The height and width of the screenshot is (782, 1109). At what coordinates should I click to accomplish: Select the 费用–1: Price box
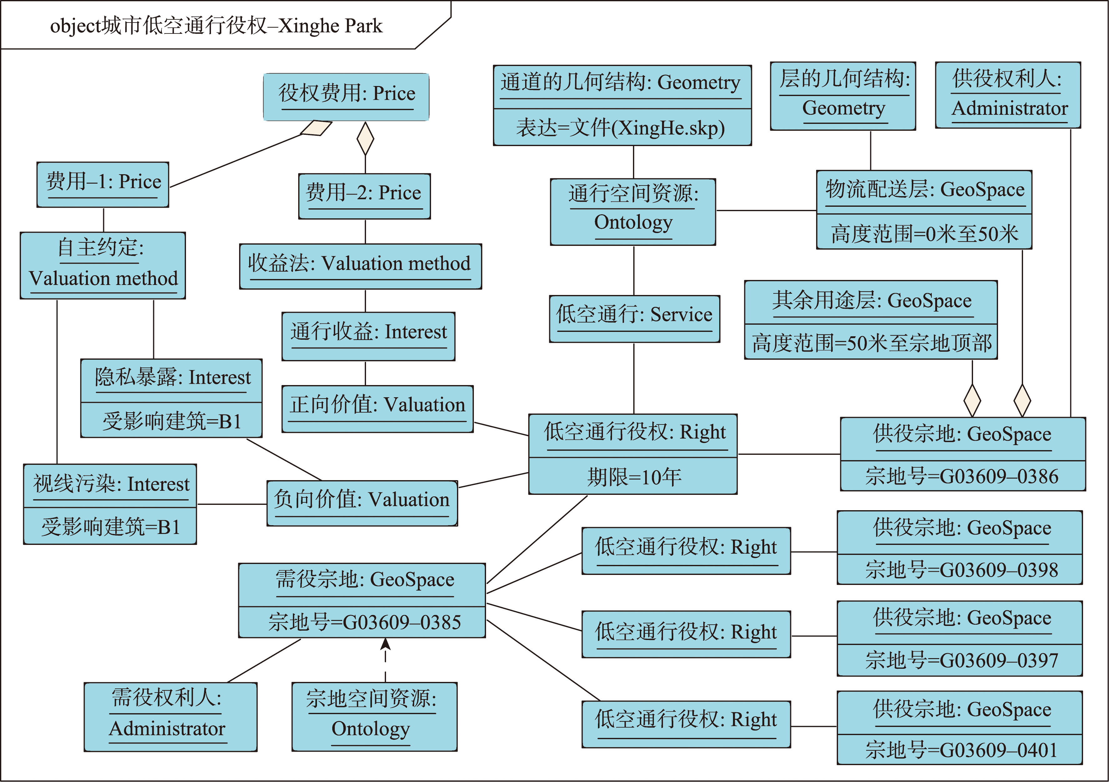(103, 185)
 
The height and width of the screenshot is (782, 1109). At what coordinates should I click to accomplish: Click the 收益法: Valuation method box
(360, 266)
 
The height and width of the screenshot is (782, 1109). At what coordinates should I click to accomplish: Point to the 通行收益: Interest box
(368, 336)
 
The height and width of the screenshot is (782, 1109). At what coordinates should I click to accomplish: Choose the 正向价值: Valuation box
(377, 409)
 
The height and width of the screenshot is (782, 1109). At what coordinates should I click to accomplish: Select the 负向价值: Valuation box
(362, 503)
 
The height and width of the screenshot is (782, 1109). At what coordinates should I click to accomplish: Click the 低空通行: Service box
(634, 319)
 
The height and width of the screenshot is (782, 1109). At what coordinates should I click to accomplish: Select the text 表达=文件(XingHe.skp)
(621, 128)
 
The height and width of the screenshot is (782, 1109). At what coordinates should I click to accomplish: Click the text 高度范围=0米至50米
(925, 234)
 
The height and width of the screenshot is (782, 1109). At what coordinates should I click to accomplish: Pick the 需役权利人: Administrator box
(170, 717)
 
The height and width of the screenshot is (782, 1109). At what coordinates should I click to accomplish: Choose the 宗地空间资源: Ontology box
(374, 717)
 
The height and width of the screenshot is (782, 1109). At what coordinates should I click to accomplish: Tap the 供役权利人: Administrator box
(1008, 95)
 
